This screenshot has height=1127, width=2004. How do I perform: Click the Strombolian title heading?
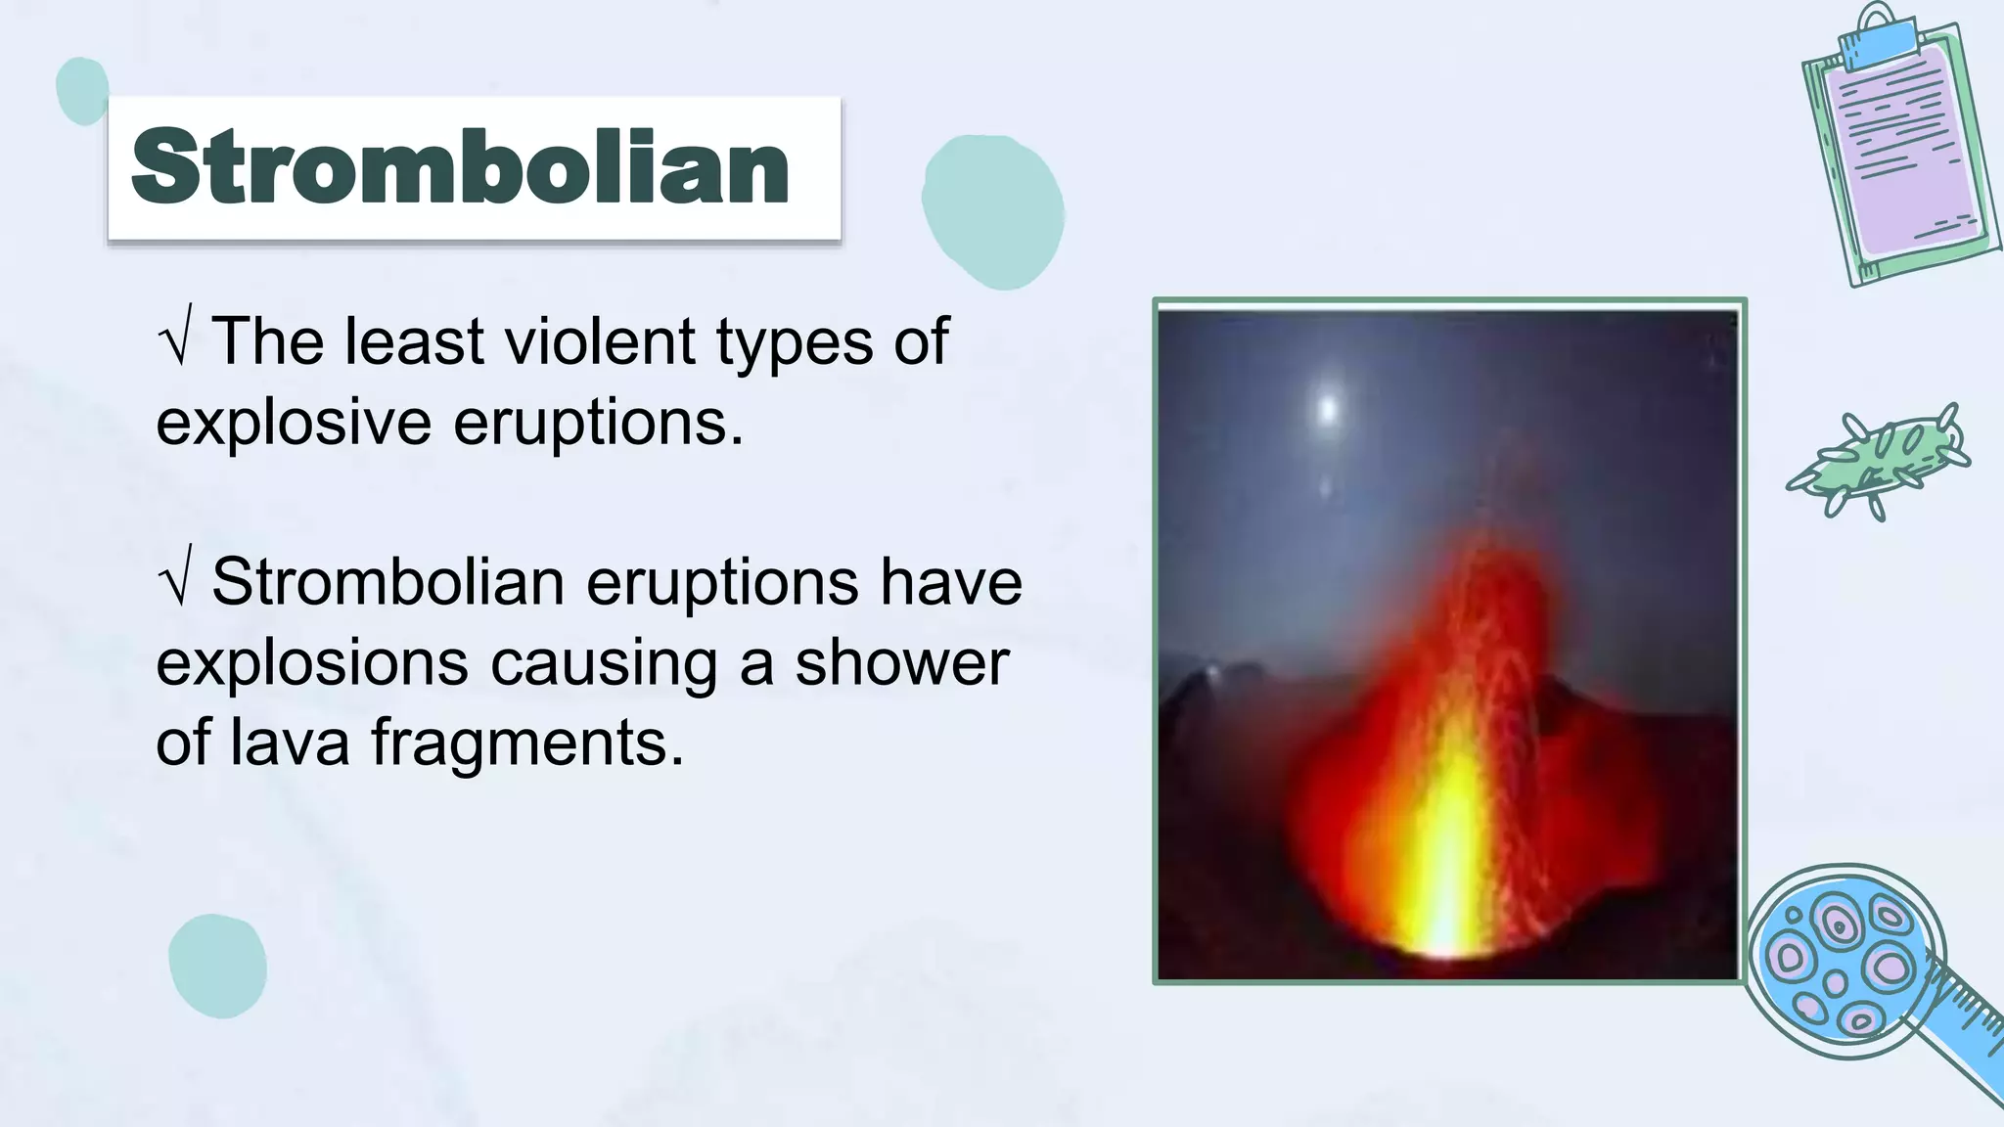click(460, 167)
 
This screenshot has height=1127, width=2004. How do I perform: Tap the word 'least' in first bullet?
click(414, 341)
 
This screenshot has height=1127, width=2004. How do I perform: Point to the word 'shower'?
click(901, 662)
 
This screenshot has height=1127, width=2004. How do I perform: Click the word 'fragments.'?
click(527, 744)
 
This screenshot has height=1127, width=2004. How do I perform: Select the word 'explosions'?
click(312, 663)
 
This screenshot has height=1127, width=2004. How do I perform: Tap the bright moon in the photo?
click(1327, 408)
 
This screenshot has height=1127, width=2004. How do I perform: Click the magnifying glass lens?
click(1845, 959)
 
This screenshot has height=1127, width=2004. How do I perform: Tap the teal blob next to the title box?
click(992, 210)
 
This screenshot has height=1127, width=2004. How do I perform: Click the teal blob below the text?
click(217, 966)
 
